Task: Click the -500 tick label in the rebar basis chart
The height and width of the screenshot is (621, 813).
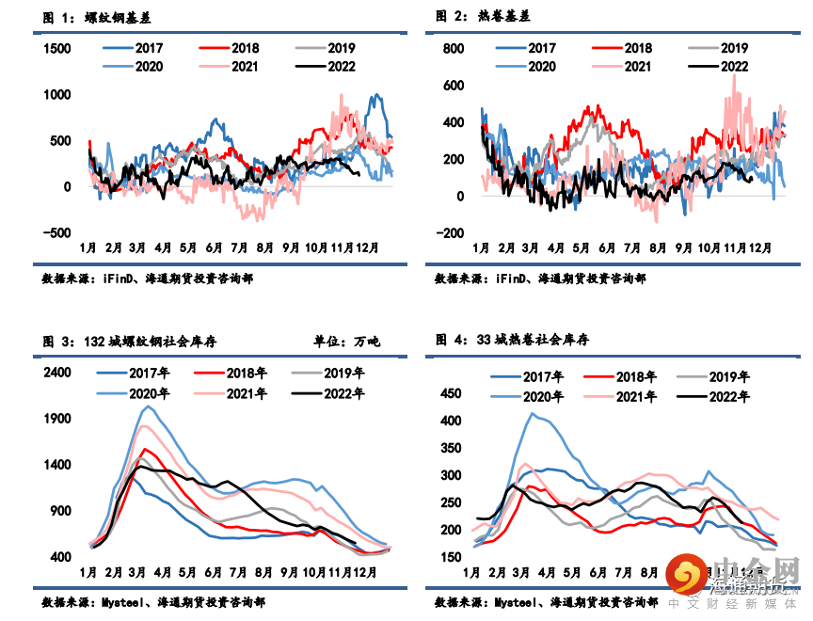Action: (57, 233)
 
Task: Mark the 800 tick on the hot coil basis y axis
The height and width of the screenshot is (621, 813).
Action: (454, 48)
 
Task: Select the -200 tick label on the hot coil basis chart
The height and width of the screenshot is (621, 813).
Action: (453, 233)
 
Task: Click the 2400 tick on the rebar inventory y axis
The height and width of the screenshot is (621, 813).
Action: (58, 373)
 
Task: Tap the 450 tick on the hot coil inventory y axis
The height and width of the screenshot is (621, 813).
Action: (454, 394)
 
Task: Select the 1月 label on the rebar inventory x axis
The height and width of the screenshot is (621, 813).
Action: (88, 571)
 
